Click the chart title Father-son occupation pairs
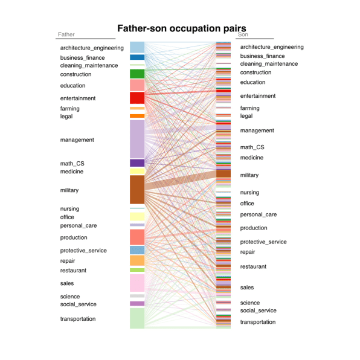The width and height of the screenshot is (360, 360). (182, 28)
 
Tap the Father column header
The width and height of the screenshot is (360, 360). (66, 34)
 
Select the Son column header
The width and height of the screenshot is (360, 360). (243, 34)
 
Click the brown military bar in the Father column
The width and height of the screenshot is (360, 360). (137, 190)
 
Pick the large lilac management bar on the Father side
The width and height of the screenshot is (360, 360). (137, 139)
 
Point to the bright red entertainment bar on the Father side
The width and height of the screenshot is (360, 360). (137, 98)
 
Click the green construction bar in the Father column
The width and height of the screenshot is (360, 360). (137, 74)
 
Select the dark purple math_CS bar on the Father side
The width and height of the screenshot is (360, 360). (137, 163)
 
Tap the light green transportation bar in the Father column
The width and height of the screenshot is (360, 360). (137, 318)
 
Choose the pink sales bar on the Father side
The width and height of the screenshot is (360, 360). (137, 283)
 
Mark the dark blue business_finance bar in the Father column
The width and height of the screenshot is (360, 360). (137, 57)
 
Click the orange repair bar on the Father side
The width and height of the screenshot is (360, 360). (137, 260)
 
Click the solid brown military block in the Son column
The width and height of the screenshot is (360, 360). (223, 174)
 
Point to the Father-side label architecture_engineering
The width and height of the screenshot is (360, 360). (92, 48)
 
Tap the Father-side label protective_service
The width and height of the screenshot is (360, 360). (83, 251)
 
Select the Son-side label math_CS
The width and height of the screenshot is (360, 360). (252, 147)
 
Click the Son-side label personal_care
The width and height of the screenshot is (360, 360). (259, 214)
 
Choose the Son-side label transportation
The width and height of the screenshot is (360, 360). (258, 322)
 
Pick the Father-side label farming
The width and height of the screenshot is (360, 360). (70, 109)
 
